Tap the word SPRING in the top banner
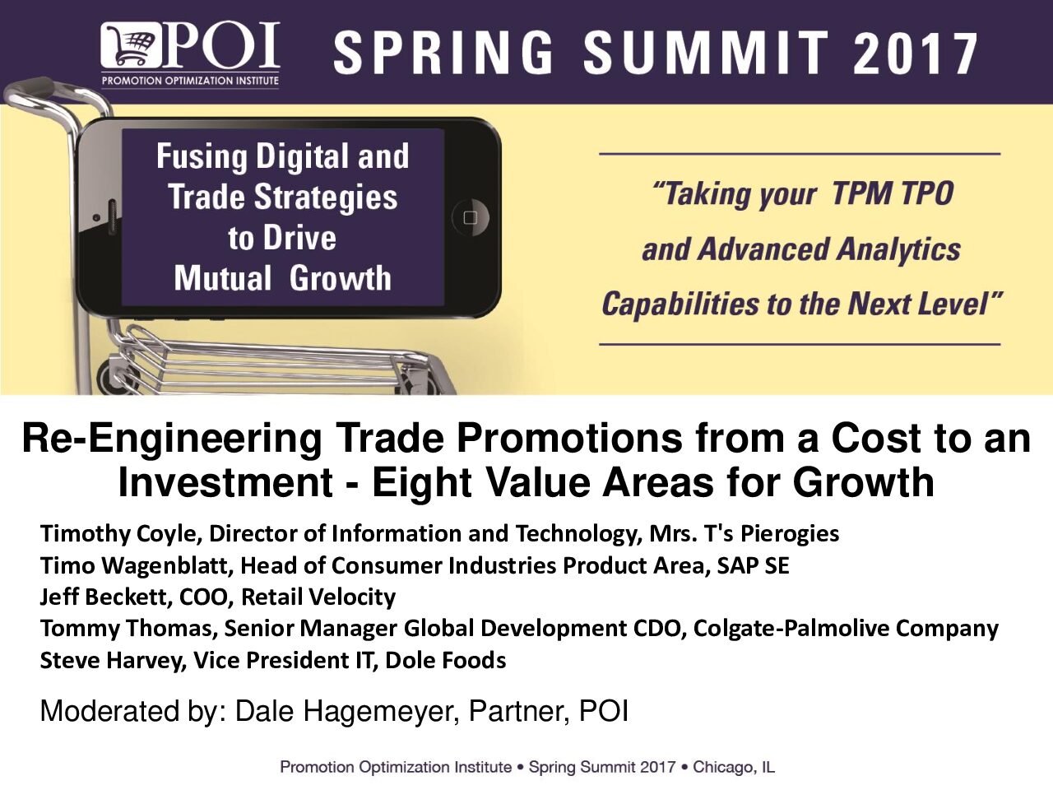point(443,53)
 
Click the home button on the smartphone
point(470,217)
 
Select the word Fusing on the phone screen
point(202,157)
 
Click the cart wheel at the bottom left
point(111,379)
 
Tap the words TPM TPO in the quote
point(893,193)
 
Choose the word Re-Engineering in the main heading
point(172,439)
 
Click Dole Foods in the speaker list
point(445,661)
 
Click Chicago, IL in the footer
point(734,767)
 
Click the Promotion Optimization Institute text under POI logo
point(190,80)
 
